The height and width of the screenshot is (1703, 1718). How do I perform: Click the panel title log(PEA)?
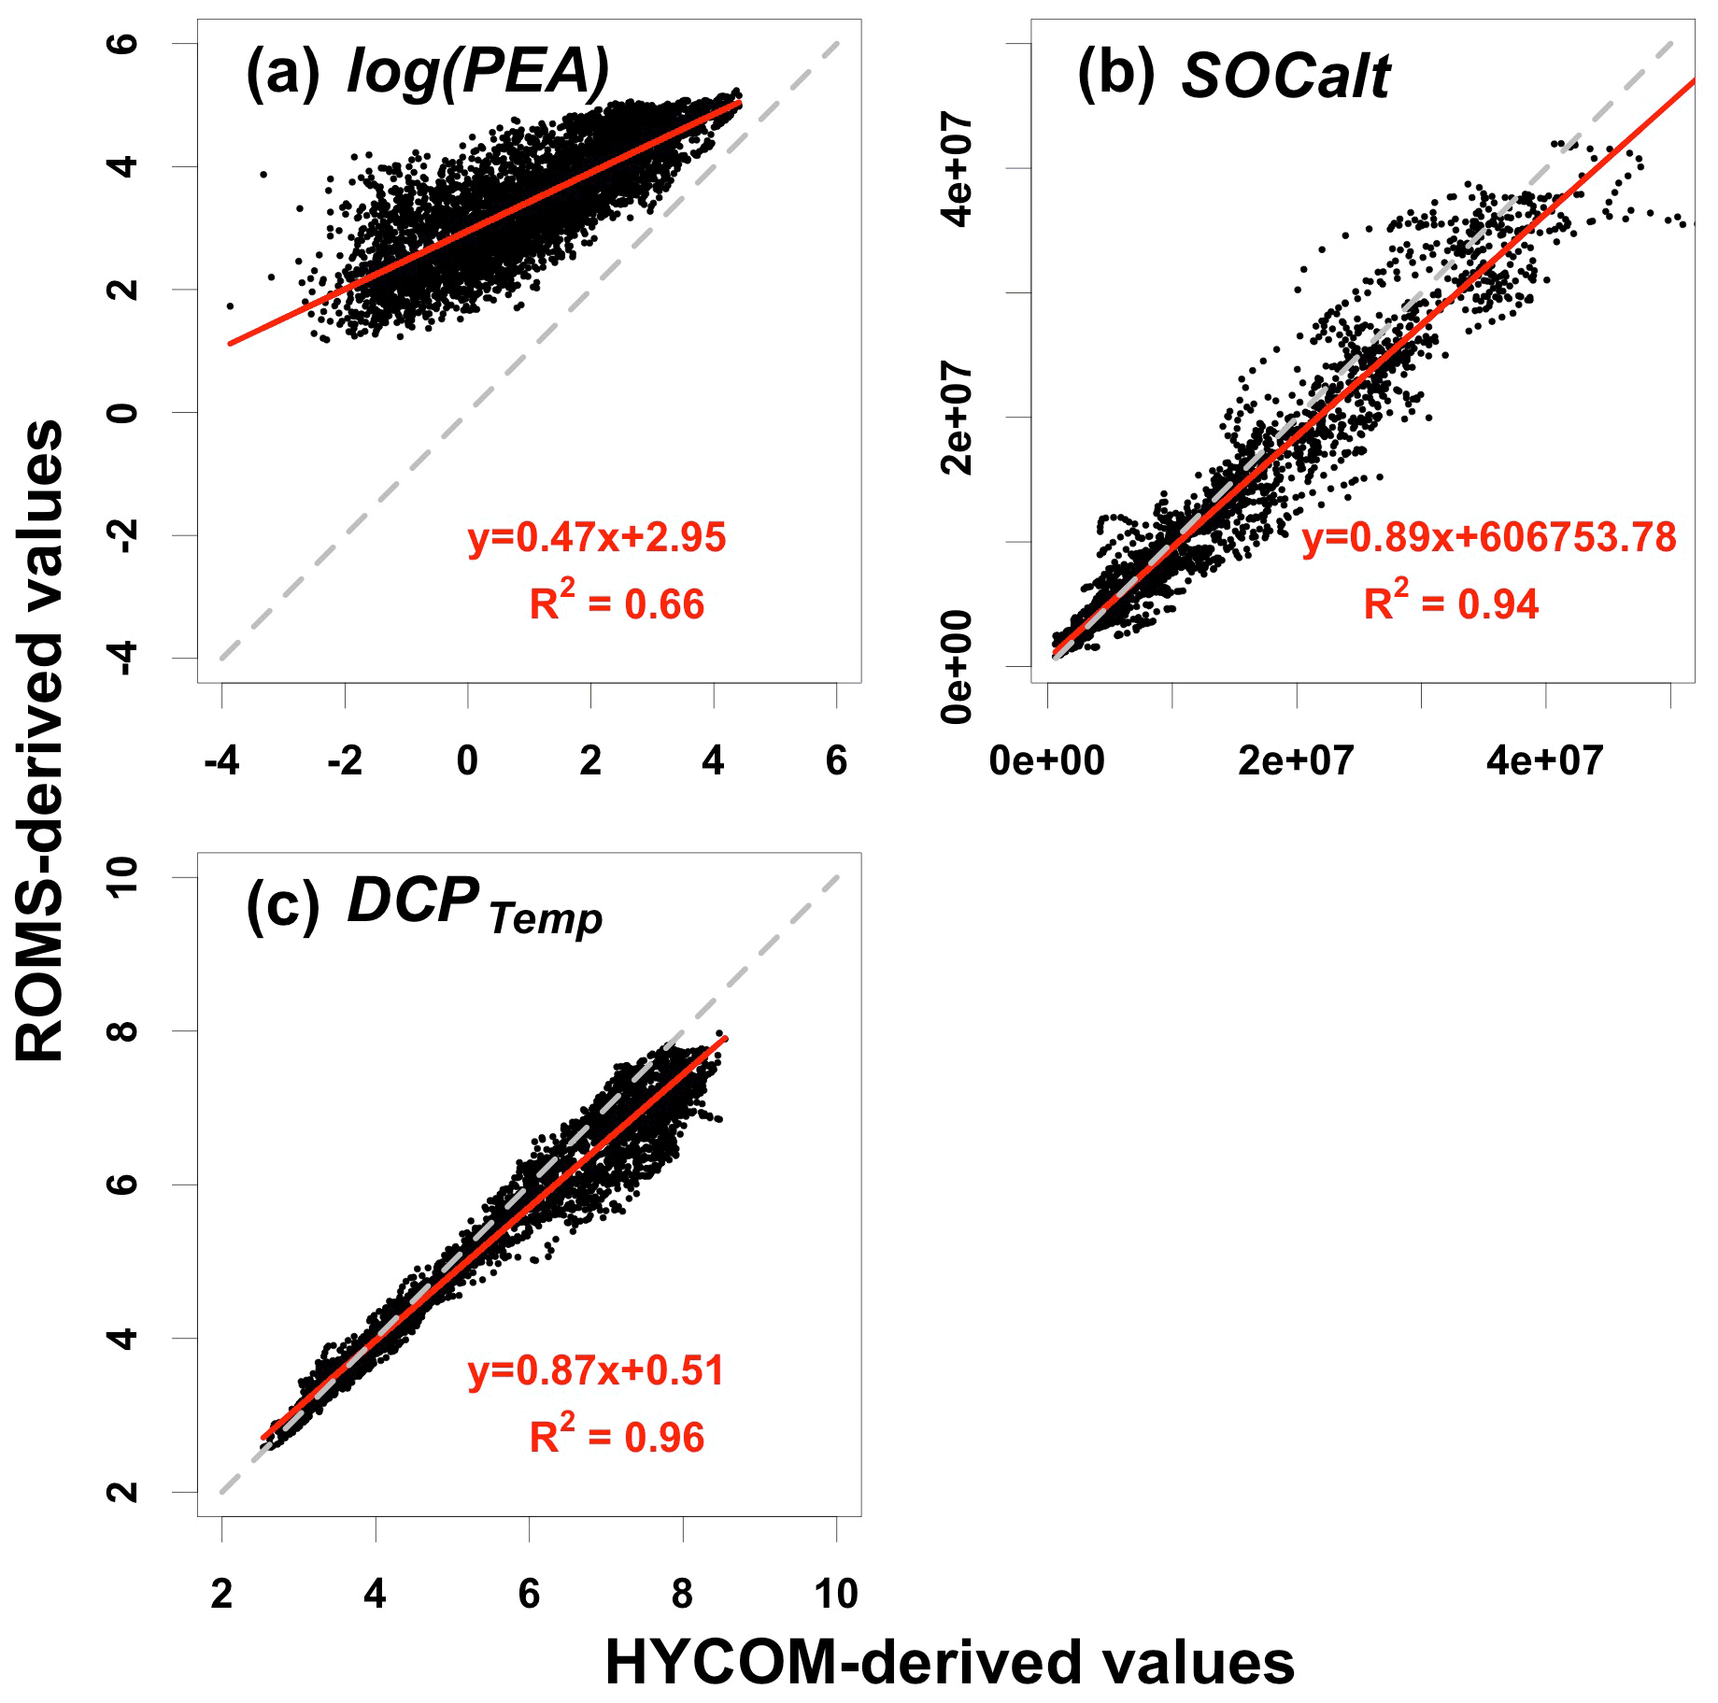[477, 72]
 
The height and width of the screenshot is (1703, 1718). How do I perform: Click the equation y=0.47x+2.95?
[597, 537]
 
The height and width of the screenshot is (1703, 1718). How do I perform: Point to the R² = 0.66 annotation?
[617, 603]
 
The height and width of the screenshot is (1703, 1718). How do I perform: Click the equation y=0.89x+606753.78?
[1489, 537]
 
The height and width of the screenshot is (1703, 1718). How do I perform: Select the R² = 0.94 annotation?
[1451, 603]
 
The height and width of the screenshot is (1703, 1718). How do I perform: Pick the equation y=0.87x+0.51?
[596, 1370]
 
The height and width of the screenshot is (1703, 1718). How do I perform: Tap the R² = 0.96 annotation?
[617, 1436]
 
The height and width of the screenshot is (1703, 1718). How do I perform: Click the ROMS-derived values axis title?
[40, 740]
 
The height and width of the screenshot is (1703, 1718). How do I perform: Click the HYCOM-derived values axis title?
[949, 1663]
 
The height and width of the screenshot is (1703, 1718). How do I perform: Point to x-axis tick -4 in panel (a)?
[221, 761]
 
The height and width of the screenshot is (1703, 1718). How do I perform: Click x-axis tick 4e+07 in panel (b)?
[1544, 761]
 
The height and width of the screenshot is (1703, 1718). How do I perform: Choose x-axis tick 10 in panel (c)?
[835, 1595]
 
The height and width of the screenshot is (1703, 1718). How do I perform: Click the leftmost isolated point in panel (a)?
[230, 305]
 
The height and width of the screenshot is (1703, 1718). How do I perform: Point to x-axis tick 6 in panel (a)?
[836, 761]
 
